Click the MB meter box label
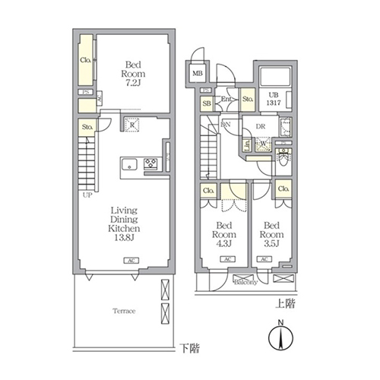[197, 74]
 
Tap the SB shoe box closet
[207, 104]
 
